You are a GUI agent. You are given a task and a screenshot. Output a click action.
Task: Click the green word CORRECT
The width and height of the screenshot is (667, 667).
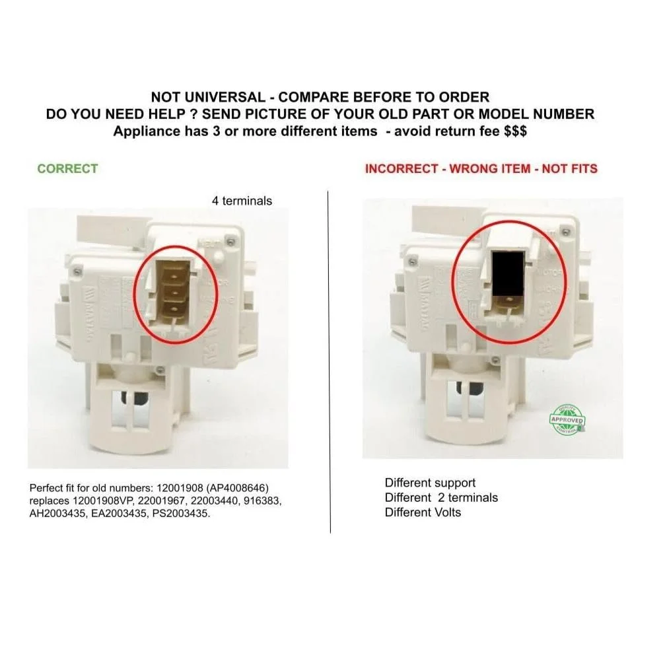(67, 168)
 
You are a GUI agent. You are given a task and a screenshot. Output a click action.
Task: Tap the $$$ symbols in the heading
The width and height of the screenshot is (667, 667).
(514, 131)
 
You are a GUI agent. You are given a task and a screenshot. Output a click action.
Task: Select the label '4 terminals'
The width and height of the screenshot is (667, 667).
(242, 201)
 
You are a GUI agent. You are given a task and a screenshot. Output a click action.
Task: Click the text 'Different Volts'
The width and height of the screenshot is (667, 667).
(423, 512)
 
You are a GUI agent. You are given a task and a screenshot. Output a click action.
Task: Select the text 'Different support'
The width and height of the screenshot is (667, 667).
(430, 483)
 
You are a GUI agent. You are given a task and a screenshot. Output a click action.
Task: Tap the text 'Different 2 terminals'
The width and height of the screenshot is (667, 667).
(441, 497)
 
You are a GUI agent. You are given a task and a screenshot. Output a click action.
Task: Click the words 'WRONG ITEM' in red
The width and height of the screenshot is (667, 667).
(490, 168)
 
